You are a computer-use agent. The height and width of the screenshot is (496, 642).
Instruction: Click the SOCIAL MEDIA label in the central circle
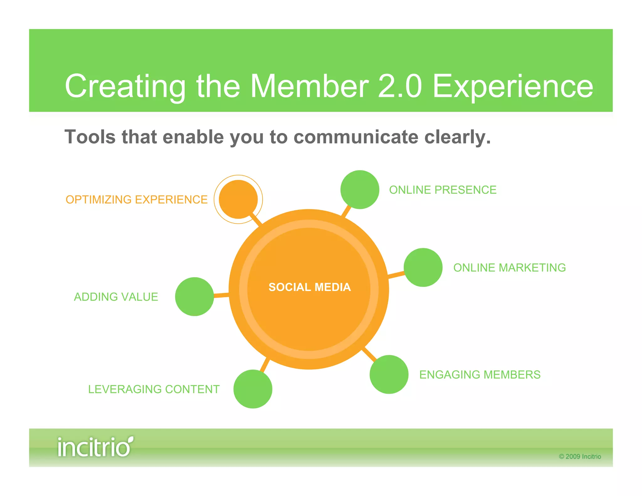coord(309,287)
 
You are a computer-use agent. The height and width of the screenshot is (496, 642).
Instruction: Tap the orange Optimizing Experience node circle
coord(238,199)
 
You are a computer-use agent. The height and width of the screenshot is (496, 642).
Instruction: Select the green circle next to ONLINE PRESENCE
coord(360,190)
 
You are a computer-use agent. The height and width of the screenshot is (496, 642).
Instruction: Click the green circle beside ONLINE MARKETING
coord(423,267)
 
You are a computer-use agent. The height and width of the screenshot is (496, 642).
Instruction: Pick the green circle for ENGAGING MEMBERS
coord(389,374)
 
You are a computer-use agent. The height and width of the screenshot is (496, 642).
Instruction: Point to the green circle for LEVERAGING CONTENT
coord(253,389)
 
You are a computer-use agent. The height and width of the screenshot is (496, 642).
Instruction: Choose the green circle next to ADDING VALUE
coord(194,297)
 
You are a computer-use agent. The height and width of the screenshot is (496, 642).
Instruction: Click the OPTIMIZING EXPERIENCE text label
coord(137,200)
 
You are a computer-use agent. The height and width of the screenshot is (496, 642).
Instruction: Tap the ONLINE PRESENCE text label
coord(443,190)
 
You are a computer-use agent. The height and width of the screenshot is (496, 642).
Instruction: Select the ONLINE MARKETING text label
coord(509,268)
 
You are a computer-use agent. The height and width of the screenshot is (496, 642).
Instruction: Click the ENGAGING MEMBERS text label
coord(480,375)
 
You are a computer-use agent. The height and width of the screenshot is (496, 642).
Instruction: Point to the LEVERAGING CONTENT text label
coord(154,389)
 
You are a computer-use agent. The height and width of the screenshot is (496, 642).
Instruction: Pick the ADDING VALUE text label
coord(116,297)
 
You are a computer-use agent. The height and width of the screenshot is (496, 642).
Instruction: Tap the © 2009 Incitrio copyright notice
coord(580,456)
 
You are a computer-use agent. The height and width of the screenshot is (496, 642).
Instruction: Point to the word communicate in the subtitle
coord(356,137)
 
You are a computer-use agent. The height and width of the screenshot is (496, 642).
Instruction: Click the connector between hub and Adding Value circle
coord(221,295)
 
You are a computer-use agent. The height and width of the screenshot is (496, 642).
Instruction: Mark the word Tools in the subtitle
coord(90,137)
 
